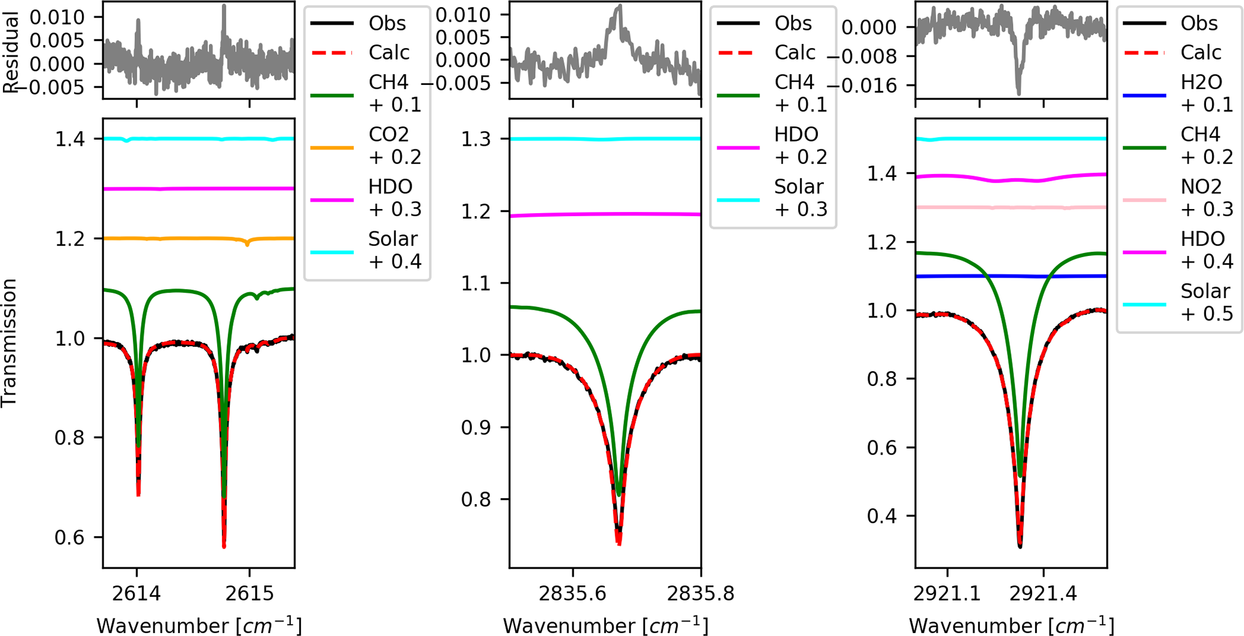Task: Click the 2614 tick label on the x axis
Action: coord(137,593)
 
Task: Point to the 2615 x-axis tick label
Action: coord(250,593)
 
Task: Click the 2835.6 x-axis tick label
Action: coord(572,593)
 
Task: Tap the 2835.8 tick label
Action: coord(701,593)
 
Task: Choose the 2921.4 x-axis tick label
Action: coord(1043,593)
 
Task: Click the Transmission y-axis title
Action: coord(10,343)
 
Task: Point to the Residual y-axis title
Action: coord(10,53)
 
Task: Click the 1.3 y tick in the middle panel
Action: coord(475,139)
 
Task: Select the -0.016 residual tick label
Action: coord(864,86)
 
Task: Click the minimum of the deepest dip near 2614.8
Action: coord(224,546)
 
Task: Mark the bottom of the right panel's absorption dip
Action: coord(1020,546)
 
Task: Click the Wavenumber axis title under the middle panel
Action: coord(605,626)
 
